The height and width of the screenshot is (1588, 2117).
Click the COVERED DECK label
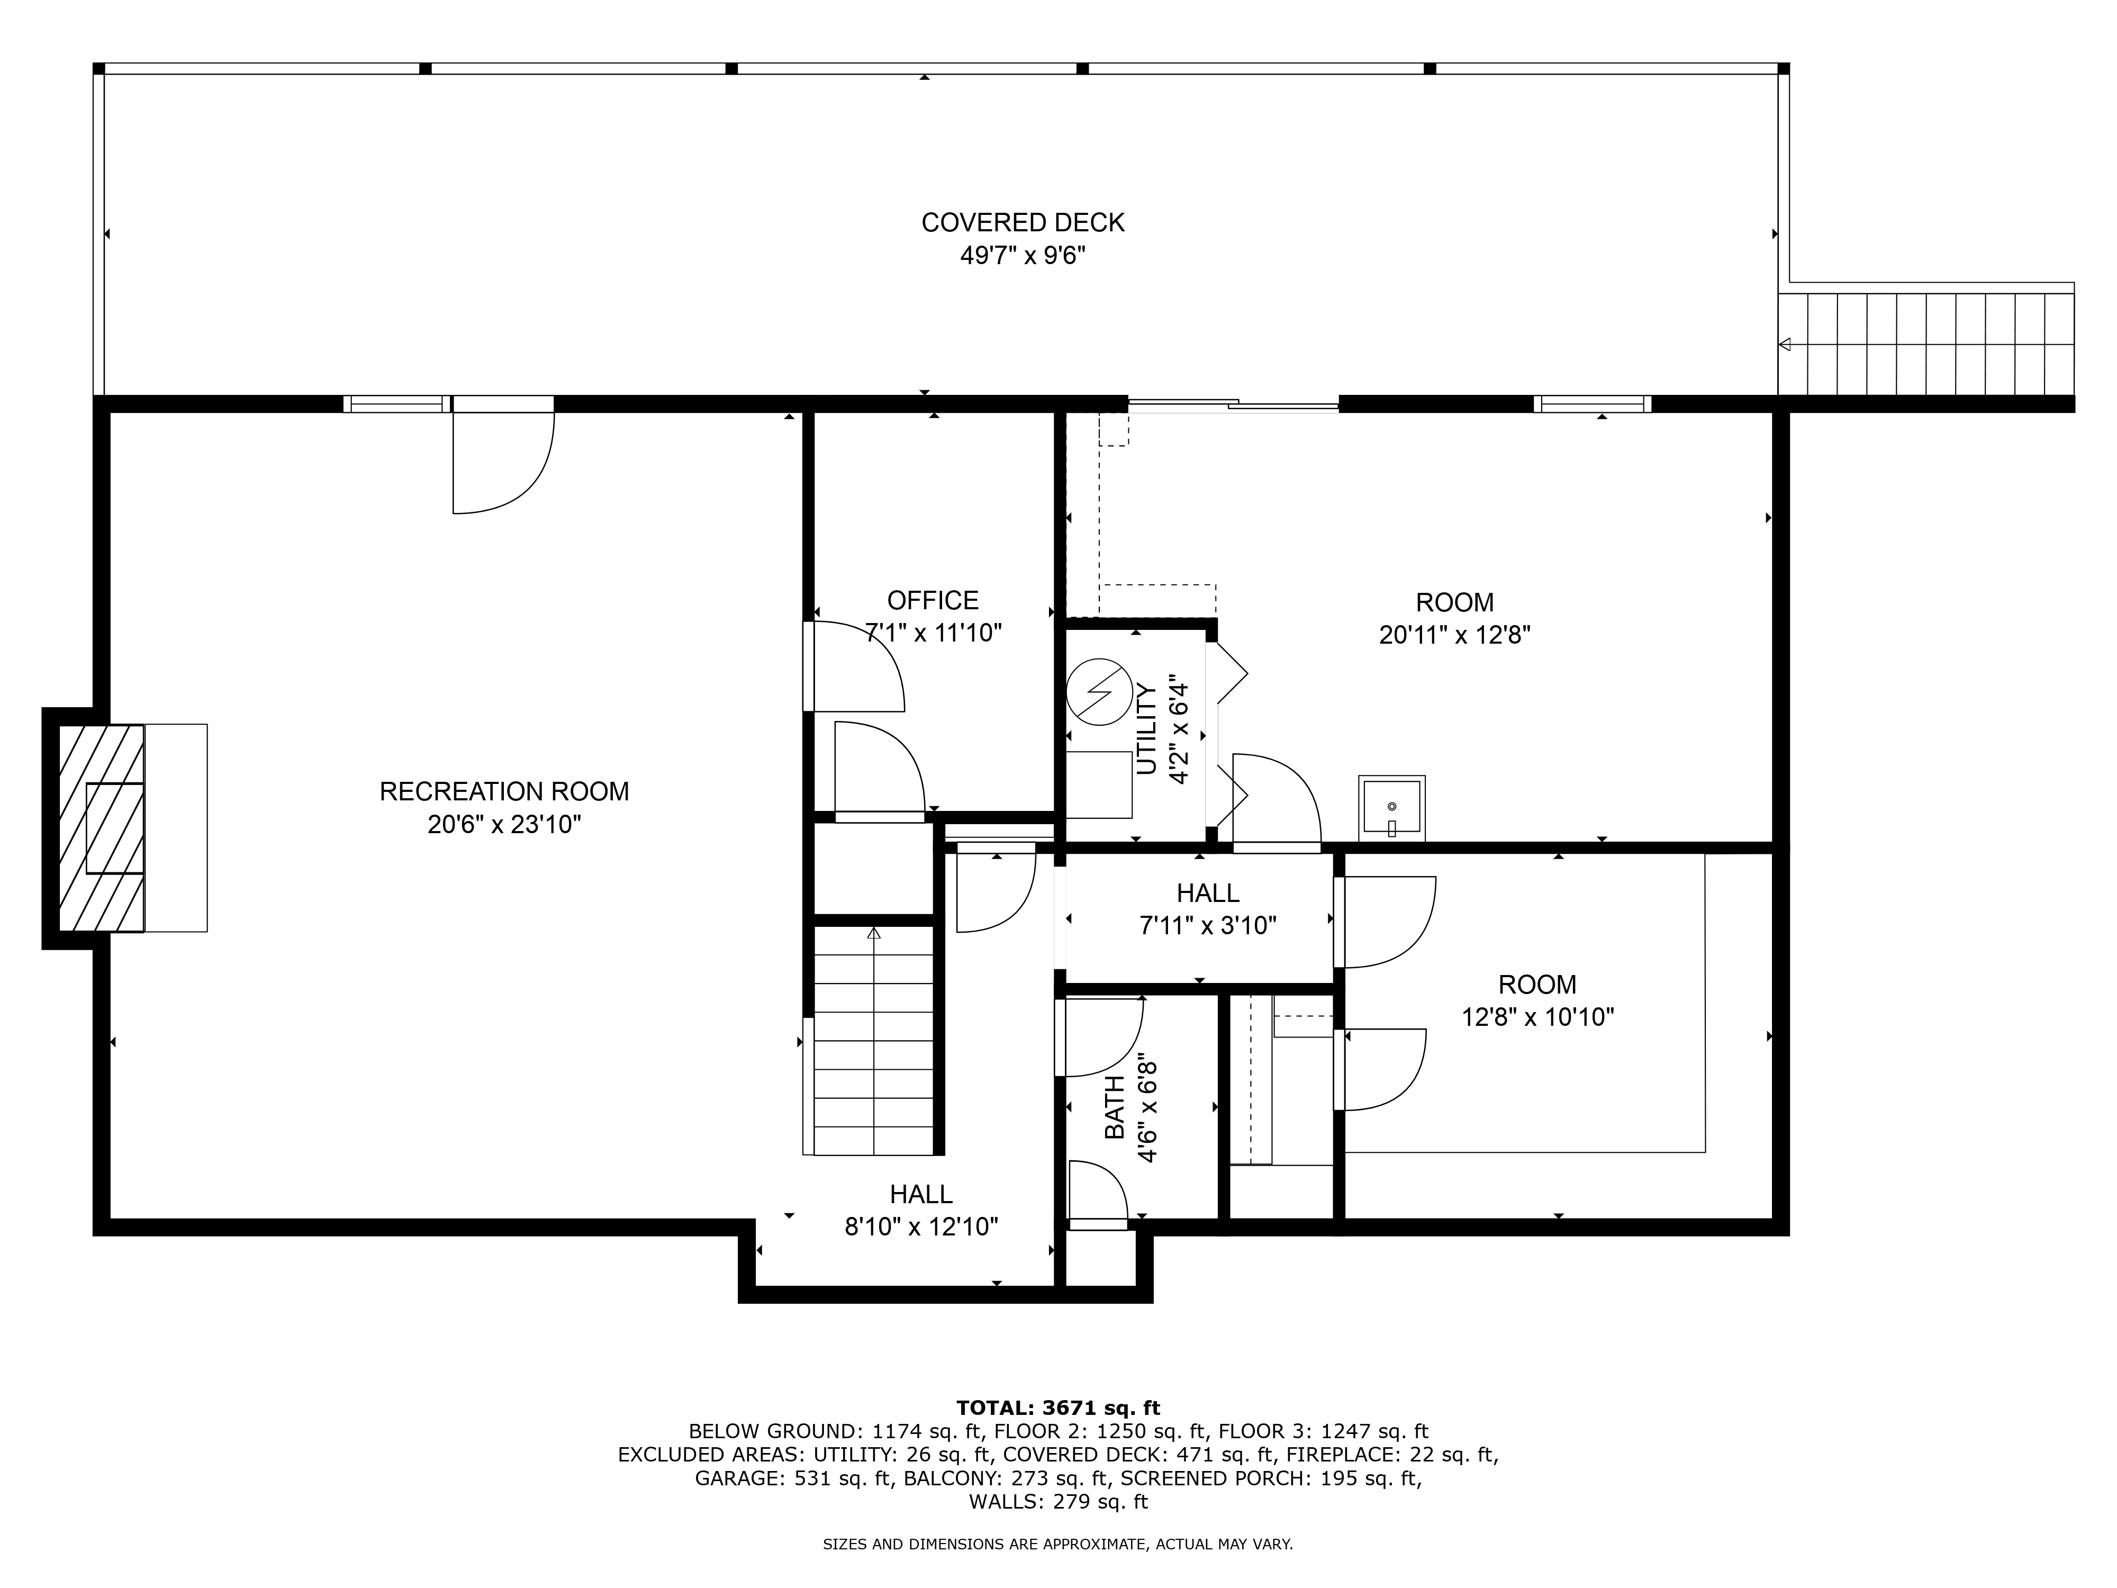1023,223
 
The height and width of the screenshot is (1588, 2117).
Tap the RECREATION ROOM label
504,791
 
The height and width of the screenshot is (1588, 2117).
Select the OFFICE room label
933,600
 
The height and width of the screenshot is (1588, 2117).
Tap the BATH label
1115,1107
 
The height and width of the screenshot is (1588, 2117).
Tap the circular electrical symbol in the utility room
1100,691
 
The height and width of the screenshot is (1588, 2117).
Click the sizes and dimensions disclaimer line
1057,1544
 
